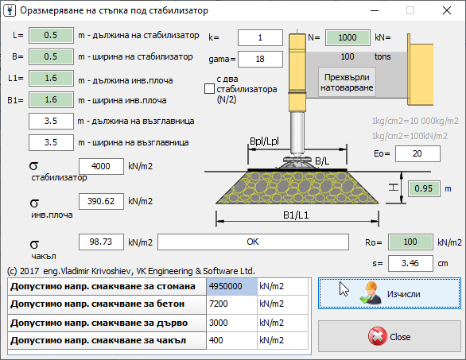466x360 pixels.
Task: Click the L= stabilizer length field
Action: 51,35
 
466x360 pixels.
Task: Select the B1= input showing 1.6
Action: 51,99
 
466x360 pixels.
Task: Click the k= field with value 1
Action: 260,37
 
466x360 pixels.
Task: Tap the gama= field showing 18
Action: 260,59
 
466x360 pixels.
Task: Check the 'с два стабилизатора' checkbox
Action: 209,89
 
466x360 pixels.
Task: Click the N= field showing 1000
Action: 348,37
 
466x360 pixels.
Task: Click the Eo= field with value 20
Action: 417,153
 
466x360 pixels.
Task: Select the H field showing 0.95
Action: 424,188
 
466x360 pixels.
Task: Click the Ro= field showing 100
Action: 410,242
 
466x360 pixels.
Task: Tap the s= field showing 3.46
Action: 410,263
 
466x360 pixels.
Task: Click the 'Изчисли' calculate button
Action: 390,293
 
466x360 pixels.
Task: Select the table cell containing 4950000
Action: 232,286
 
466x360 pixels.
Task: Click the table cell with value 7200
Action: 232,304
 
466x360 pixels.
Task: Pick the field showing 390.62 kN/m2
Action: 101,201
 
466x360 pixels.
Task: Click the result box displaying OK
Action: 253,242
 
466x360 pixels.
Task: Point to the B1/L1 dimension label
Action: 296,215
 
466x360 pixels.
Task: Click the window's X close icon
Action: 447,10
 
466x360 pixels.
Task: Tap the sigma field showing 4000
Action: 101,166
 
